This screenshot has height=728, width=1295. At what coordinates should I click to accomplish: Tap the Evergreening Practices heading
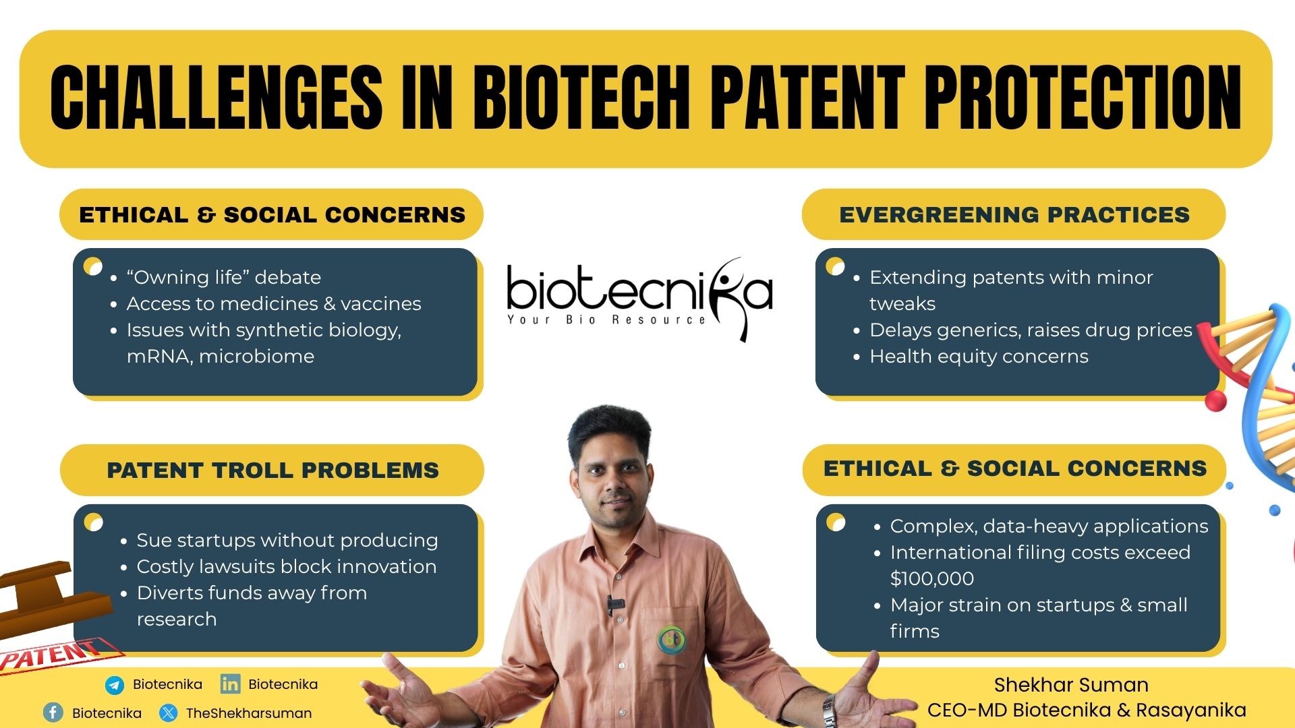(1014, 215)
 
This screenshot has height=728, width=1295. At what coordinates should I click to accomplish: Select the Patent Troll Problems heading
(272, 470)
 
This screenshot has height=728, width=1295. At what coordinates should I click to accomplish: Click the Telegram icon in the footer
(115, 685)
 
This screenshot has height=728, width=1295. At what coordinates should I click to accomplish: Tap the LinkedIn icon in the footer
(230, 684)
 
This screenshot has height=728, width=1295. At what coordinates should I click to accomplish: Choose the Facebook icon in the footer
(53, 712)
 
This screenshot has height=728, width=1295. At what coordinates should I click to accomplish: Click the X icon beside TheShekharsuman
(169, 712)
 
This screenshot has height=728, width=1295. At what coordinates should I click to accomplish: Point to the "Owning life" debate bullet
(223, 277)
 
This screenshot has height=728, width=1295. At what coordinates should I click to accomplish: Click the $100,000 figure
(931, 578)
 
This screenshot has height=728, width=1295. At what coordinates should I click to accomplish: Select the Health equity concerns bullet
(979, 356)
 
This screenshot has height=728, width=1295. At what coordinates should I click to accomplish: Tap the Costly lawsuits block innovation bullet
(287, 566)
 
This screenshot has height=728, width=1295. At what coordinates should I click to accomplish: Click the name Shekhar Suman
(1071, 685)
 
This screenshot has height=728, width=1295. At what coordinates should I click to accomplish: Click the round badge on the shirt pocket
(671, 638)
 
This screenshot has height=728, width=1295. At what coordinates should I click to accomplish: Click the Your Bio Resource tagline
(607, 319)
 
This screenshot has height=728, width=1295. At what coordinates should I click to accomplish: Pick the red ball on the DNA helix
(1215, 400)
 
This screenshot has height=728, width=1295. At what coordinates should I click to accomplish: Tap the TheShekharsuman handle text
(249, 713)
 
